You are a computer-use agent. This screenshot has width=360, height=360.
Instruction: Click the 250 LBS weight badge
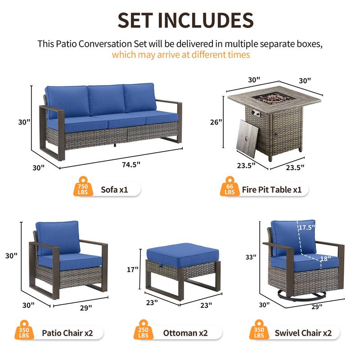point(144,333)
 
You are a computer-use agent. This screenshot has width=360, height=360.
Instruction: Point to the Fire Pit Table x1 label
point(272,189)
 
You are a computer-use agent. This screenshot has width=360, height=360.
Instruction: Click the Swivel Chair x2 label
point(303,333)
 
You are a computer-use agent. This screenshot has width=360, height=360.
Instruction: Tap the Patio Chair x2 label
point(67,333)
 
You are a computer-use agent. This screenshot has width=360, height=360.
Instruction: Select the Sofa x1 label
point(114,189)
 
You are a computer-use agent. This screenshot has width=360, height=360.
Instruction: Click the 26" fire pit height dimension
point(217,122)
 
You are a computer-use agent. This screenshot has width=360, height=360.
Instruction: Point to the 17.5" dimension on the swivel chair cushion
point(307,228)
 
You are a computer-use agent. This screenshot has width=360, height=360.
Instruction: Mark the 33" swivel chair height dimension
point(251,257)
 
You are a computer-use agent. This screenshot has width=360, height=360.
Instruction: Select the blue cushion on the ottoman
point(182,251)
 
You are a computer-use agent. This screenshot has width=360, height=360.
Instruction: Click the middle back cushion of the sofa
point(106,99)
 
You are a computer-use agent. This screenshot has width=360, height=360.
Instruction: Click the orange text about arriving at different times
point(180,55)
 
